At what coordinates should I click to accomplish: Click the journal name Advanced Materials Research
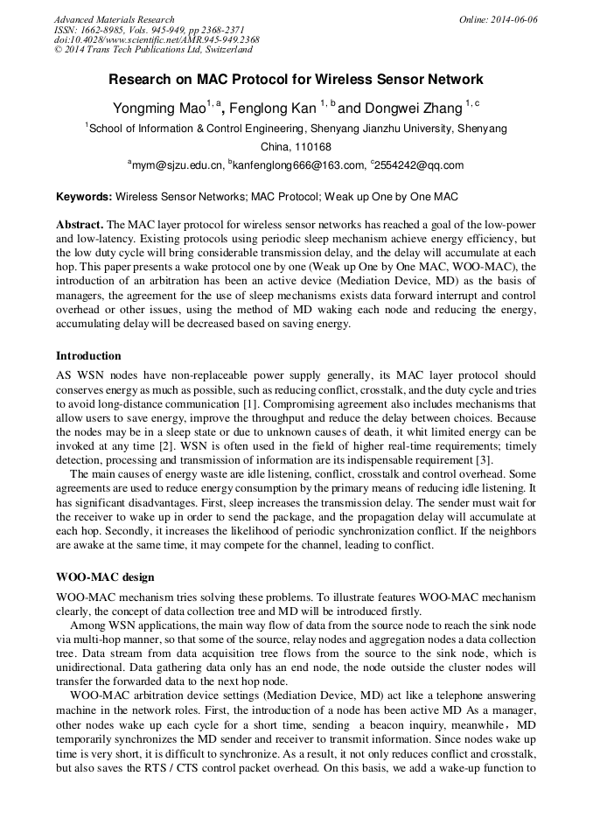pos(114,19)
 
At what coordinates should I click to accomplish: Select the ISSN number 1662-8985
pos(108,30)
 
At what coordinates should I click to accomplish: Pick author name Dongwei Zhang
pos(414,108)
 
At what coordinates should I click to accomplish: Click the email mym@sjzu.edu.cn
pos(177,164)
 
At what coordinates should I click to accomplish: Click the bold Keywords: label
pos(83,197)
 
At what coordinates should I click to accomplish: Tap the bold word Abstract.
pos(80,224)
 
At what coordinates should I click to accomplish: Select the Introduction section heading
pos(88,356)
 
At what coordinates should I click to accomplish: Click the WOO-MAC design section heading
pos(105,577)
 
